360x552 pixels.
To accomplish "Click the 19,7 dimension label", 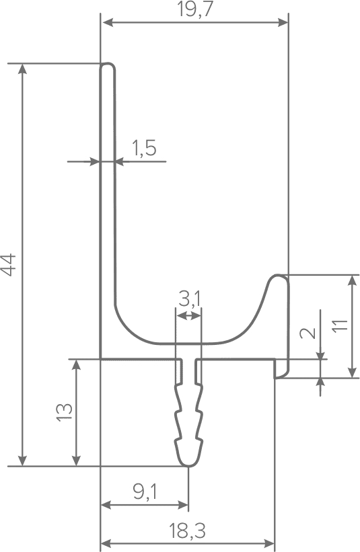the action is pyautogui.click(x=196, y=9).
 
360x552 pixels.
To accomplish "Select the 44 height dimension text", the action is pyautogui.click(x=9, y=265).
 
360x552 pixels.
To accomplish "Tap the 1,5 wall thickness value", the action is pyautogui.click(x=144, y=148).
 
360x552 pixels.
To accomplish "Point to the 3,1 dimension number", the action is pyautogui.click(x=189, y=300).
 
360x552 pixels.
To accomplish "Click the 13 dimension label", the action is pyautogui.click(x=65, y=412).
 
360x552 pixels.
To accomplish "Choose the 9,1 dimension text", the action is pyautogui.click(x=145, y=491).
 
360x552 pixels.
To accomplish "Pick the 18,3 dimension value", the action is pyautogui.click(x=187, y=530).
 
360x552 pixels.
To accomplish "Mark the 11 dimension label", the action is pyautogui.click(x=340, y=325).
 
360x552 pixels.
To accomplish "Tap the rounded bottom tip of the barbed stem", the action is pyautogui.click(x=189, y=464).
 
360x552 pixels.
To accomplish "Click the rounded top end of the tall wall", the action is pyautogui.click(x=108, y=65).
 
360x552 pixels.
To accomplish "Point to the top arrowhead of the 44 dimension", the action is pyautogui.click(x=23, y=69).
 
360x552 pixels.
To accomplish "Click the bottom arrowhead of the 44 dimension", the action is pyautogui.click(x=23, y=461).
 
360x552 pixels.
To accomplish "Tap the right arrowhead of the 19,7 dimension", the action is pyautogui.click(x=283, y=23).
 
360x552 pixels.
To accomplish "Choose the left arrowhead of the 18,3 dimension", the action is pyautogui.click(x=106, y=543).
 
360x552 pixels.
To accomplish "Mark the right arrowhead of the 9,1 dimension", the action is pyautogui.click(x=183, y=505).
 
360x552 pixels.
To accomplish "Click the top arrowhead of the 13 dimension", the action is pyautogui.click(x=76, y=364).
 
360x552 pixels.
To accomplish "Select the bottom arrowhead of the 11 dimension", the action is pyautogui.click(x=351, y=372).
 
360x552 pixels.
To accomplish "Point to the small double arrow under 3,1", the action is pyautogui.click(x=188, y=315).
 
